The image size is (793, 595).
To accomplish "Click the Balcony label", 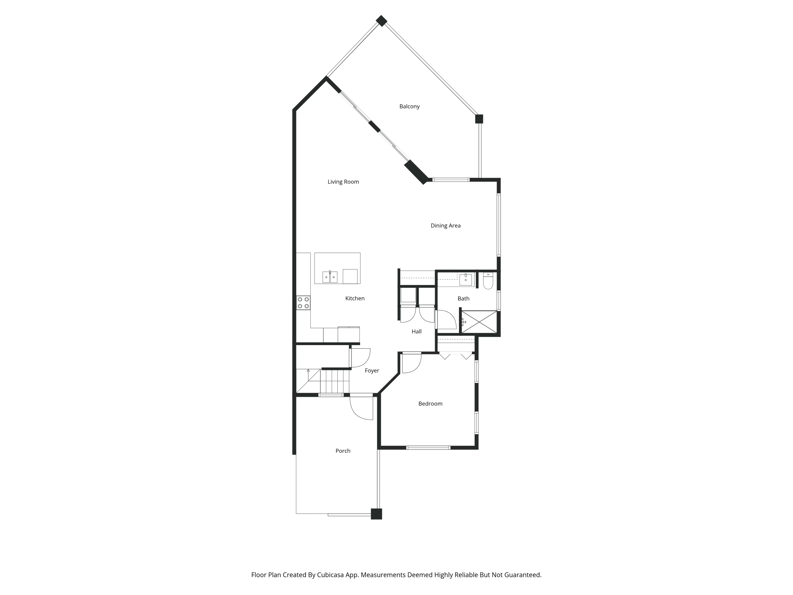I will point(409,107).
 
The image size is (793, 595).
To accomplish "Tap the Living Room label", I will point(343,182).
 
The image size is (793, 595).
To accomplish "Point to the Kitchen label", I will point(354,298).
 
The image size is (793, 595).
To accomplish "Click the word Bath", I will point(463,298).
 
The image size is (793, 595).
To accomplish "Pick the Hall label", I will point(416,331).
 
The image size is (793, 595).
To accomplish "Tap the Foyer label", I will point(372,370).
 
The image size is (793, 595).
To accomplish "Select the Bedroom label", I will point(430,404).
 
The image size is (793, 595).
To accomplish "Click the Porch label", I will point(343,451).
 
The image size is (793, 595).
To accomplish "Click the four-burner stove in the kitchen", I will point(303,303).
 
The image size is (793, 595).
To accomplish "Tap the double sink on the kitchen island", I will point(330,277).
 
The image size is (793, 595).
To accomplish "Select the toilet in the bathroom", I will point(488,281).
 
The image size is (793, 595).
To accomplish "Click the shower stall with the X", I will point(479,322).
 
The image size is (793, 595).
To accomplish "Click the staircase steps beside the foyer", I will point(334,381).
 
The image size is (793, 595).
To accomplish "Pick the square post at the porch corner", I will point(376,514).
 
